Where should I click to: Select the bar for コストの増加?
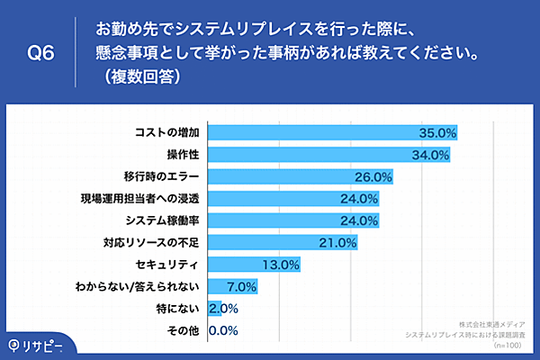coord(333,132)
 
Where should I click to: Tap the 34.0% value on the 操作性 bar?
coord(430,155)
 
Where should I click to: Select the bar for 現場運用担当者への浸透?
coord(293,198)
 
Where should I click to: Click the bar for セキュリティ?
coord(254,265)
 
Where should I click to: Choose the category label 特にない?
coord(185,309)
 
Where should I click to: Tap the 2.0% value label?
coord(223,309)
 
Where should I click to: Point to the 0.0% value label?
coord(223,331)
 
